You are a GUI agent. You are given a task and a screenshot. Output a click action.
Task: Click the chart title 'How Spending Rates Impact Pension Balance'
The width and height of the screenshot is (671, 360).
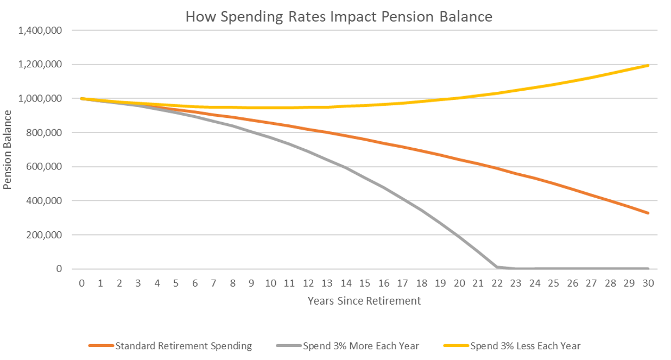click(x=339, y=16)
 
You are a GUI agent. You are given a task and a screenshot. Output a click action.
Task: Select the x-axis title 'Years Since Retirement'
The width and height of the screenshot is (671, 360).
click(x=364, y=300)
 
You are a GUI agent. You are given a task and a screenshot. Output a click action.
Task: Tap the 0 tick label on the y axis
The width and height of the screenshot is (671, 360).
click(x=60, y=269)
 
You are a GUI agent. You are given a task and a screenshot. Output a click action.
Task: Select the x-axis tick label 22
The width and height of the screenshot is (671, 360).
click(x=497, y=283)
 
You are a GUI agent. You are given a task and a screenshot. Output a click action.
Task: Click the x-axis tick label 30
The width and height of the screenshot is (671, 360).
click(x=648, y=283)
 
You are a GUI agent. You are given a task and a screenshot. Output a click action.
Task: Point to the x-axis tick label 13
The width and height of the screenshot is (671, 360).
click(x=327, y=283)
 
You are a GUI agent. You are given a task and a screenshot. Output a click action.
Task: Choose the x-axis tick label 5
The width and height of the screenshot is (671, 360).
click(x=176, y=283)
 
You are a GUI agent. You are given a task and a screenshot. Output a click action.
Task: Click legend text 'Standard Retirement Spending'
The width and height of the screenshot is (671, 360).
click(x=183, y=345)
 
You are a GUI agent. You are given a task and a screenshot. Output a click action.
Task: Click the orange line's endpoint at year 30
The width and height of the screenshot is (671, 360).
click(x=648, y=213)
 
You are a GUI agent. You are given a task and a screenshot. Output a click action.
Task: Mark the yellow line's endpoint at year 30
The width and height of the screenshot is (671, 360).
click(x=648, y=65)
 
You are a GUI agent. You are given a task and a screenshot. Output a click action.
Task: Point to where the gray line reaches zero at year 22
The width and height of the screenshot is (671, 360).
click(x=497, y=267)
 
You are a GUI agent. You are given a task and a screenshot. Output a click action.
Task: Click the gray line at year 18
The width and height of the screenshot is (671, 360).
click(x=421, y=210)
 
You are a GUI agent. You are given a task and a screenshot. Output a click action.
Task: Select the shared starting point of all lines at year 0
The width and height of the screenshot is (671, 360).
click(x=81, y=98)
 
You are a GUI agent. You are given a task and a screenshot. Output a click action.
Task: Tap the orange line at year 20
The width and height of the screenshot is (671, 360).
click(x=459, y=160)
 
